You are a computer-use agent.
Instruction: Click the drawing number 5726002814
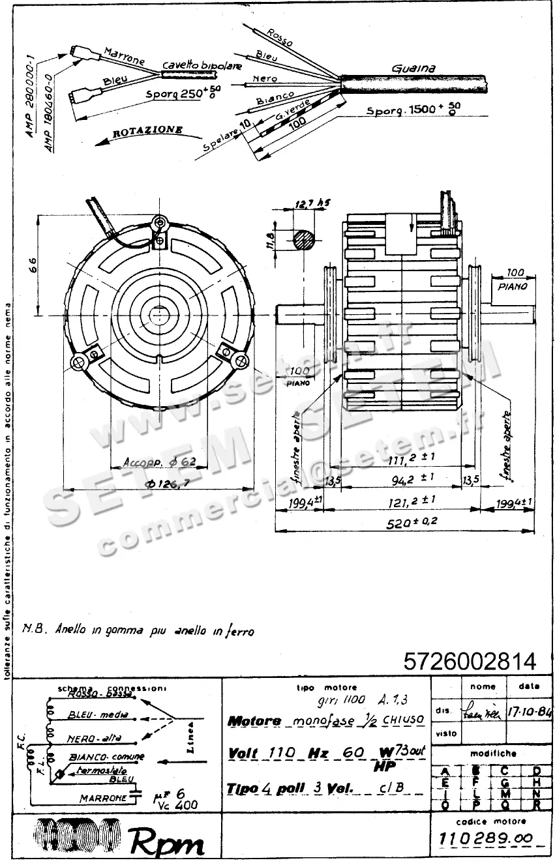coord(470,662)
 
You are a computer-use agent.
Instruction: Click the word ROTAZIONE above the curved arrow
coord(147,131)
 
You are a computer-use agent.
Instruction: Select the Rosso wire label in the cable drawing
coord(280,37)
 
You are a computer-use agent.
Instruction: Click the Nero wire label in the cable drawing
coord(265,79)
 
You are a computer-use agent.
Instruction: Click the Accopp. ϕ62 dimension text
coord(159,462)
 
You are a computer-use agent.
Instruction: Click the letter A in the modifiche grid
coord(445,772)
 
